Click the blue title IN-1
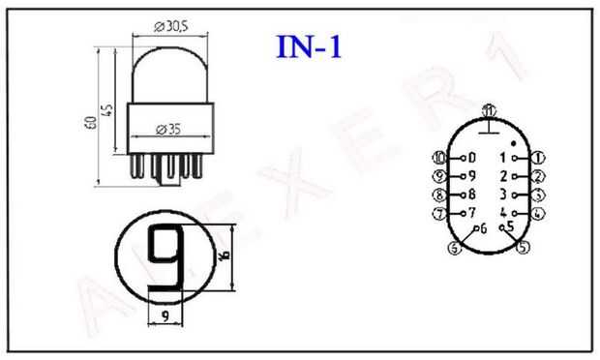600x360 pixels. click(309, 46)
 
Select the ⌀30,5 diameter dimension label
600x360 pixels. click(171, 26)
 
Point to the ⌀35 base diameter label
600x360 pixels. click(168, 130)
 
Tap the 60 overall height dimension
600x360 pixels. click(91, 123)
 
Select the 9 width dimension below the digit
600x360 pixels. click(165, 316)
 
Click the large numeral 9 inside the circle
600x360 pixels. click(166, 257)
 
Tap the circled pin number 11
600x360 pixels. click(489, 111)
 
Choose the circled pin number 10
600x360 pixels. click(439, 158)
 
